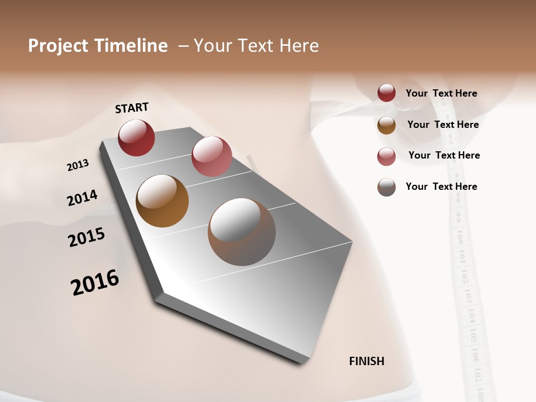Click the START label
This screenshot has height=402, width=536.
[x=132, y=108]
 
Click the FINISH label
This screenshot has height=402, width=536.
[x=367, y=361]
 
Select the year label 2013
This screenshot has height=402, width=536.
[x=78, y=165]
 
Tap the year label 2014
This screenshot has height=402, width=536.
[x=82, y=198]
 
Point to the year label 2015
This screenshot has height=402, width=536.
[x=87, y=237]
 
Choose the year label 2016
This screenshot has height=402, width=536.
[x=95, y=283]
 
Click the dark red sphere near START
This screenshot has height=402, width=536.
[x=136, y=137]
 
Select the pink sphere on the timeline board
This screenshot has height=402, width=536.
[x=212, y=156]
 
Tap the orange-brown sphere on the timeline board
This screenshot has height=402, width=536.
[x=162, y=201]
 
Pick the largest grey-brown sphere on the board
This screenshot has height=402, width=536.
[x=242, y=232]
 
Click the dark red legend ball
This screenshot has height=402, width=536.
[x=386, y=93]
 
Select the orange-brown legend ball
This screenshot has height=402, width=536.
[x=386, y=125]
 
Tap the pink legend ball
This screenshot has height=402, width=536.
[x=386, y=156]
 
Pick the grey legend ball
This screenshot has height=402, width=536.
[x=386, y=187]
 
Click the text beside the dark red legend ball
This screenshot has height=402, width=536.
[x=441, y=93]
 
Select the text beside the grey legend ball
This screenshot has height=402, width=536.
[x=441, y=186]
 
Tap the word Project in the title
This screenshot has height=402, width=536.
[x=59, y=46]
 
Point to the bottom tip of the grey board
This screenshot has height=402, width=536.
[x=302, y=362]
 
